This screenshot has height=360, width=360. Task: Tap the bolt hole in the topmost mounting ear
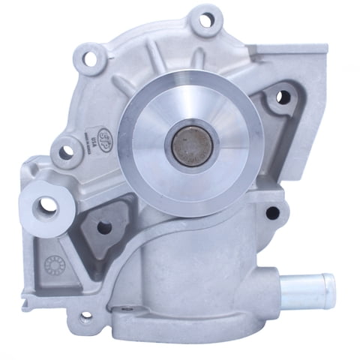[x=206, y=19]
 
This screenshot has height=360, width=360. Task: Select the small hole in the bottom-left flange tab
[x=84, y=317]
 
